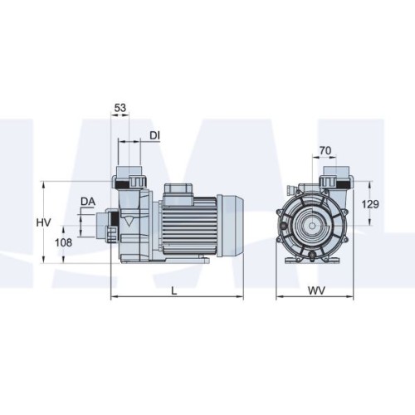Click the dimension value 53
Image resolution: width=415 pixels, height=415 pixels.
coord(120,108)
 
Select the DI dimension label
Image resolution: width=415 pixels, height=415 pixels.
coord(154,135)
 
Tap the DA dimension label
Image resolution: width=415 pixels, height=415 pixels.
coord(88,202)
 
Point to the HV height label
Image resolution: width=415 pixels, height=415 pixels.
coord(44,222)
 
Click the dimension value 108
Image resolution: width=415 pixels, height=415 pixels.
coord(63,242)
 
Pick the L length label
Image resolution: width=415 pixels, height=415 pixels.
coord(174,290)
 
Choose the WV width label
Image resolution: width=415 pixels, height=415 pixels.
coord(316,290)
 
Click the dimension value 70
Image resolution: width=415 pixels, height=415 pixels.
coord(325,151)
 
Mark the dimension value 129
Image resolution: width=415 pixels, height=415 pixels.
coord(370,204)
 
